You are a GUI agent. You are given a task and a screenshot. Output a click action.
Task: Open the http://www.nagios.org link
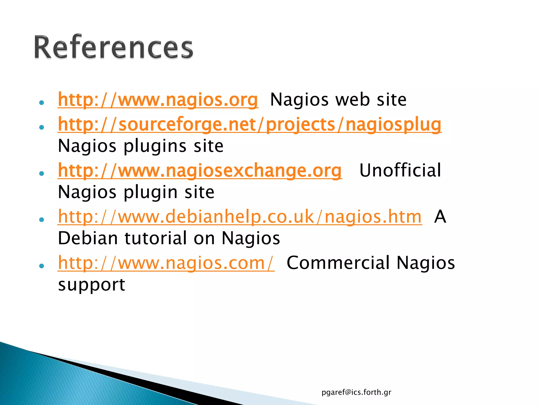tap(158, 100)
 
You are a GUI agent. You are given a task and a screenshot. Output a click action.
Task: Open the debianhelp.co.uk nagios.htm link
tap(240, 216)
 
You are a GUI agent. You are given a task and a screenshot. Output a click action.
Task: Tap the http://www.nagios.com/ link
tap(166, 263)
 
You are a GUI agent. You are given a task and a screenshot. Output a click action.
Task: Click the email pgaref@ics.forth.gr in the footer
tap(356, 392)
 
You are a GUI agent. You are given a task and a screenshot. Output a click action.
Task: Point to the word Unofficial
tap(400, 170)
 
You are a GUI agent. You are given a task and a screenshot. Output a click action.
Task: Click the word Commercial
tap(338, 263)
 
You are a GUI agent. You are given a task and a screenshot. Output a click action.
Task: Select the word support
tap(92, 285)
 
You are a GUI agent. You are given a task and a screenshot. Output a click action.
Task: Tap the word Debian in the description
tap(88, 238)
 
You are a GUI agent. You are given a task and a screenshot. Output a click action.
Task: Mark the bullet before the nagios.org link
tap(41, 103)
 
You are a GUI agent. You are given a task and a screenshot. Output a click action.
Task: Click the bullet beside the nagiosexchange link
tap(41, 173)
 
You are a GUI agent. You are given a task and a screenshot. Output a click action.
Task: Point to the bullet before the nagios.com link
tap(41, 266)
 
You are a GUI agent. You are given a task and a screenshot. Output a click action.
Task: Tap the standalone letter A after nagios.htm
tap(440, 216)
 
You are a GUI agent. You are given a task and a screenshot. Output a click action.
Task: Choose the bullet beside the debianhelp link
tap(41, 220)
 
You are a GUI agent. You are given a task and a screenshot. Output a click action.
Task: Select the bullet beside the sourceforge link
tap(41, 127)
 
